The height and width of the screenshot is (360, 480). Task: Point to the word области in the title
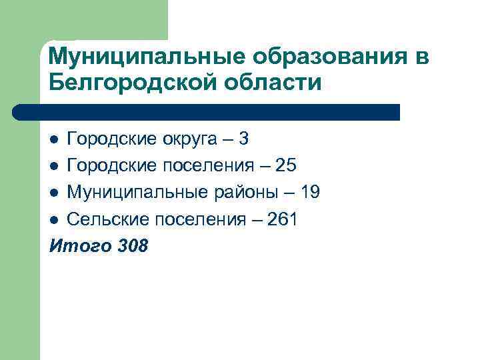click(270, 83)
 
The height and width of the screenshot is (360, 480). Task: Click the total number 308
click(133, 245)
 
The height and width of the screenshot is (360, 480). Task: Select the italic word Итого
click(79, 245)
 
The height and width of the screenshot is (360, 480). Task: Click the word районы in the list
click(247, 192)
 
